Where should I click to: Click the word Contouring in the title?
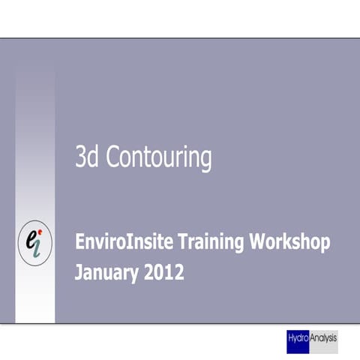[158, 158]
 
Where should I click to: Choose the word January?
[108, 271]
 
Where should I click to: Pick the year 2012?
[165, 271]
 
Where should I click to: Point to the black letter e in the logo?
[31, 238]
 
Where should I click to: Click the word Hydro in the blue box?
[298, 339]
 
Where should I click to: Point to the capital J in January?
[79, 271]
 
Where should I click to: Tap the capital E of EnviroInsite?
[79, 243]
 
